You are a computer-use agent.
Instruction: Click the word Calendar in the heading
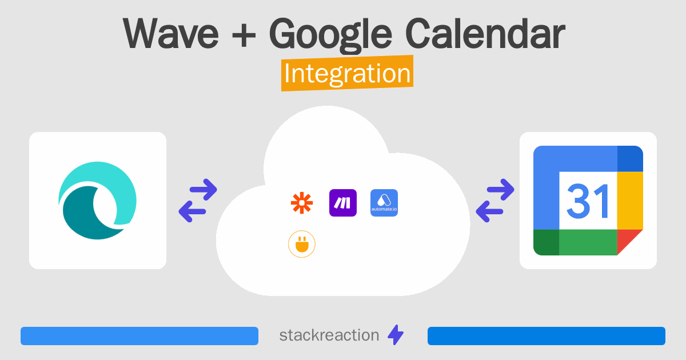point(484,34)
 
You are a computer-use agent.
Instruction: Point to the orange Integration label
point(347,75)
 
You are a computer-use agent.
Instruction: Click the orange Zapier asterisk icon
point(302,203)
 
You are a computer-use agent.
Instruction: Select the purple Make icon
point(343,203)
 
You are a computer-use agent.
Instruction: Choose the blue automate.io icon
point(384,203)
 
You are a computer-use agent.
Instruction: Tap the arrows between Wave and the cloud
point(198,201)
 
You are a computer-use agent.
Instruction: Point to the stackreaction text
point(329,335)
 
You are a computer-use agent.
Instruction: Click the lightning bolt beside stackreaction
point(396,335)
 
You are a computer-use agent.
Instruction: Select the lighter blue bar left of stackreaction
point(139,336)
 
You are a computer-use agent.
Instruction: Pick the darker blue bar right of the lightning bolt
point(546,336)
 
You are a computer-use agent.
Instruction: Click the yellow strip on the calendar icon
point(630,200)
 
